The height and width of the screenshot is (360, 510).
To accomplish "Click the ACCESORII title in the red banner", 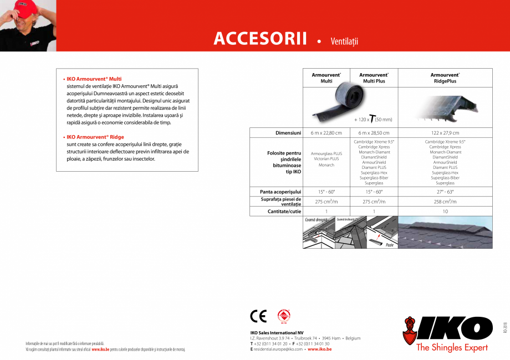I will pos(260,39).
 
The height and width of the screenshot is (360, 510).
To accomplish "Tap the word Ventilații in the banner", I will pos(345,41).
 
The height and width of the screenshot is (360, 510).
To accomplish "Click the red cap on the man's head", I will pos(17,7).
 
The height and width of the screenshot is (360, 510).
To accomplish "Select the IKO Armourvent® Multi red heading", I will pos(94,79).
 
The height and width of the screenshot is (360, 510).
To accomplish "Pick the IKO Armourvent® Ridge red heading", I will pos(95,137).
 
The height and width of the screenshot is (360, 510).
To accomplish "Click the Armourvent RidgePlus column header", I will pos(445,78).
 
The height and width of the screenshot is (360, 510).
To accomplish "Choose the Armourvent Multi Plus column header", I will pos(374,78).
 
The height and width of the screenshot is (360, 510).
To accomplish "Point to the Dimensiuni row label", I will pos(288,133).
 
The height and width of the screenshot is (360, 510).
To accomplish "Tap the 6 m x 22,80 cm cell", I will pos(326,133).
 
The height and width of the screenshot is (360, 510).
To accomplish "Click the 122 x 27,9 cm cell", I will pos(445,133).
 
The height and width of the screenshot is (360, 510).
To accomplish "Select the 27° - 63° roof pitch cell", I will pos(445,192).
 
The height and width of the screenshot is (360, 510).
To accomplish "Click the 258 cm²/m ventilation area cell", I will pos(445,202).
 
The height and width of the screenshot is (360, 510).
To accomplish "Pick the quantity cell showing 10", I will pos(445,212).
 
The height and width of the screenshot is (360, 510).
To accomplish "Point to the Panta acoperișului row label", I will pos(280,192).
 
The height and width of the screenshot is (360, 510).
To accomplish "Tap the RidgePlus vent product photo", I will pos(445,107).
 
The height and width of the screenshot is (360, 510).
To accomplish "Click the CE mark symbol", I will pos(258,316).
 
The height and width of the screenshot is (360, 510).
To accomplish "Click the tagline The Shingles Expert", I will pos(452,348).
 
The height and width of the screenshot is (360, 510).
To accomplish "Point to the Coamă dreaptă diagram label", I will pos(317,220).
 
